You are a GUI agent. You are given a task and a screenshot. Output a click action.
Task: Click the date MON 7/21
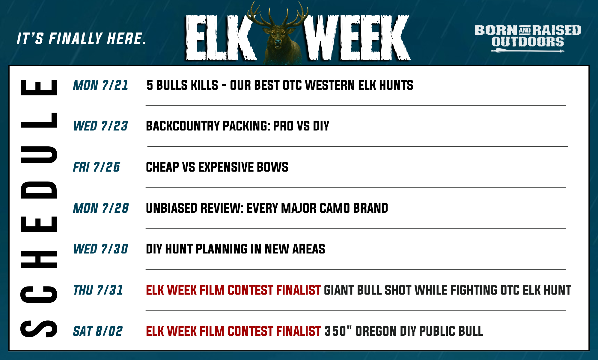[x=101, y=85]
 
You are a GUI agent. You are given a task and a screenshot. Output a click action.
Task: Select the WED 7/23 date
[x=101, y=126]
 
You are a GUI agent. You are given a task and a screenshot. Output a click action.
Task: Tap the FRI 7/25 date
[x=97, y=167]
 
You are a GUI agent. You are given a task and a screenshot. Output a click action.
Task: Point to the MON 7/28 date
[x=101, y=208]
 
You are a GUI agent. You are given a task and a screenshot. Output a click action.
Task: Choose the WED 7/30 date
[x=101, y=249]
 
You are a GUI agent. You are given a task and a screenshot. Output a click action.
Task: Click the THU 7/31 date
[x=98, y=290]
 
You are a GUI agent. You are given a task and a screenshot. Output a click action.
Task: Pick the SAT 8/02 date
[x=98, y=331]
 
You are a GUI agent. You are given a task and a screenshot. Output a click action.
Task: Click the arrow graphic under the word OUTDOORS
[x=528, y=51]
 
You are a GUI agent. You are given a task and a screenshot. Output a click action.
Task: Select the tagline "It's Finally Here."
[x=82, y=39]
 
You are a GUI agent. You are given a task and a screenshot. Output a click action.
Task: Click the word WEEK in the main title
[x=357, y=37]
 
